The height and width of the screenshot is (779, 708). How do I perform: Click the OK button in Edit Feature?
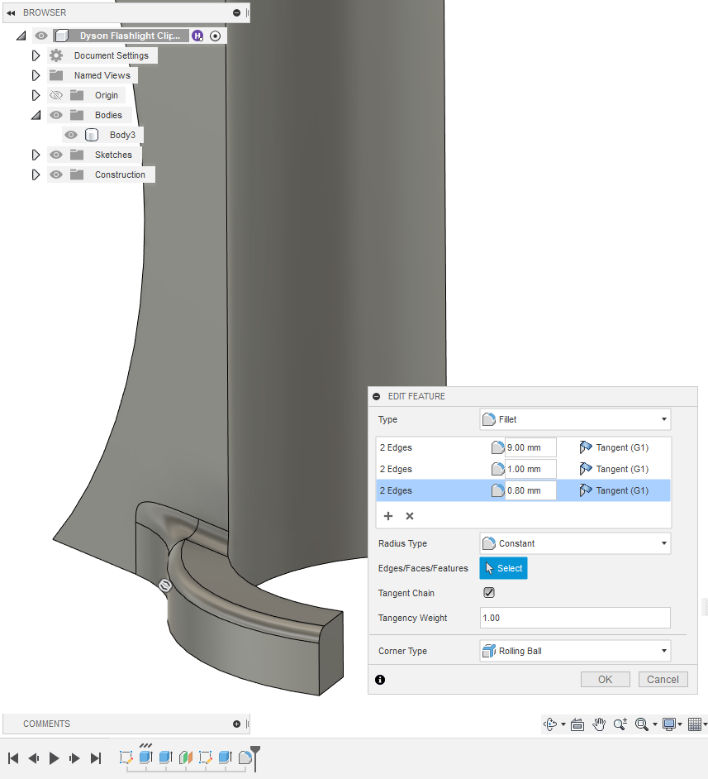(606, 680)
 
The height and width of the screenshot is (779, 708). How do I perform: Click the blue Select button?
(502, 568)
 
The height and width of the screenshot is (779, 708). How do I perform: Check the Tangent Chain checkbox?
(489, 593)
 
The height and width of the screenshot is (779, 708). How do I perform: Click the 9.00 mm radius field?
(530, 447)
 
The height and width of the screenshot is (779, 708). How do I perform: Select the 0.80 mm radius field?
(530, 490)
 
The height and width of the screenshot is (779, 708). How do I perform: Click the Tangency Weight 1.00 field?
(574, 618)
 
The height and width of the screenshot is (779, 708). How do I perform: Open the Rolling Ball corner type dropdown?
(575, 651)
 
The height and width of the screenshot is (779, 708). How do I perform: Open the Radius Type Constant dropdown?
(575, 543)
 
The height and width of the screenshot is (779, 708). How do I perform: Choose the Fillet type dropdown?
(575, 419)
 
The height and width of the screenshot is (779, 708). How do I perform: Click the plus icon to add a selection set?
(388, 516)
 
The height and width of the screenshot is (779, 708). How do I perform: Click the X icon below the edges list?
(410, 516)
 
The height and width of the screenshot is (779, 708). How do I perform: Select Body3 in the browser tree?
(122, 135)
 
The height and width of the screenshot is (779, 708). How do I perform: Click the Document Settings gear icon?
(56, 55)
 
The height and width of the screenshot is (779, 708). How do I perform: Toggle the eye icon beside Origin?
(56, 95)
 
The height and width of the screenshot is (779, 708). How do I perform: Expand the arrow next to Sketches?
(36, 155)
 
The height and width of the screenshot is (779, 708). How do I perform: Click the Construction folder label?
(120, 174)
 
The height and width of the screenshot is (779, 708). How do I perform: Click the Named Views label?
(102, 75)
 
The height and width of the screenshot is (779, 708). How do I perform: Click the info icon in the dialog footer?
(380, 680)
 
